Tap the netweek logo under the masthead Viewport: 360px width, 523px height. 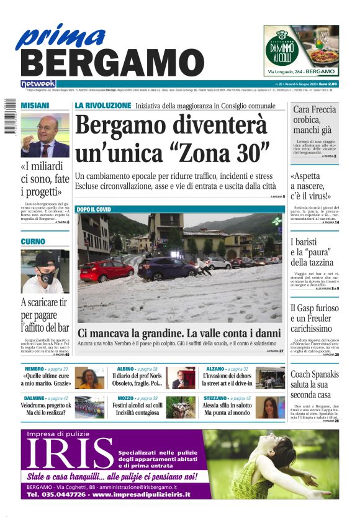(x=38, y=83)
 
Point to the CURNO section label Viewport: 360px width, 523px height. (x=33, y=241)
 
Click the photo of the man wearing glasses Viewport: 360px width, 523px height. (x=45, y=135)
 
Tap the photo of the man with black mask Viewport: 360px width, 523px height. (x=45, y=271)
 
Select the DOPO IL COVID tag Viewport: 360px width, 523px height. (x=94, y=210)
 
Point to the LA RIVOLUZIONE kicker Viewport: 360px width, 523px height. (x=103, y=106)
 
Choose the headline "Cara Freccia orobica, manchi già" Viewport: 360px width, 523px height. (x=314, y=121)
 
